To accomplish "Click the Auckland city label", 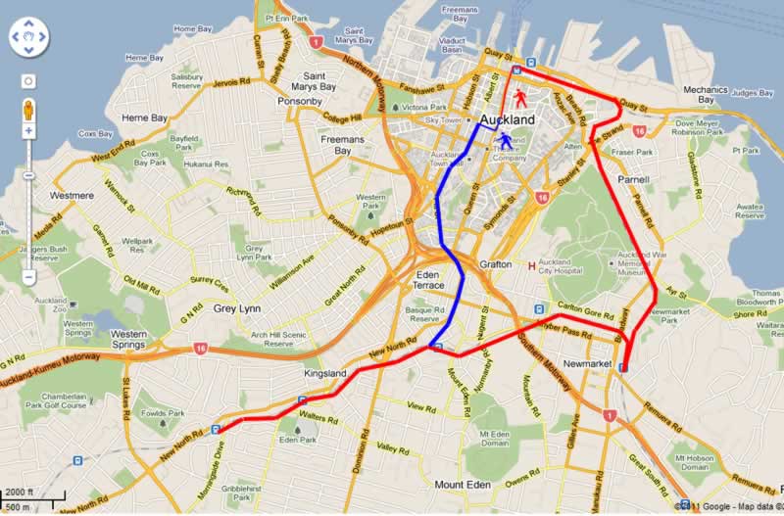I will (509, 119).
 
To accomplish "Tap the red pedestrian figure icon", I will (519, 98).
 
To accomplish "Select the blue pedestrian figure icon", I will (505, 142).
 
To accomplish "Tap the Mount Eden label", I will (463, 486).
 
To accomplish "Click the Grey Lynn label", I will (235, 308).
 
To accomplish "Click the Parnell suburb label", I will (634, 180).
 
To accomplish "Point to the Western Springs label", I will (143, 340).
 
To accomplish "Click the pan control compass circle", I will (28, 38).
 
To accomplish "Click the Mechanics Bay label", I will (706, 94).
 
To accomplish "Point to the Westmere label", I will (72, 195).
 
